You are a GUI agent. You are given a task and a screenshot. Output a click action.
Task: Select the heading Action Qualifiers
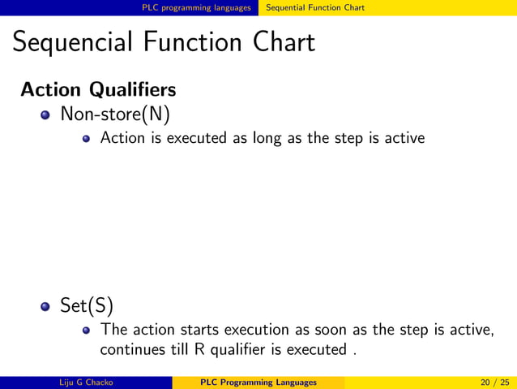tap(98, 88)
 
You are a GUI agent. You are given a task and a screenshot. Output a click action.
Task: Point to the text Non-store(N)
tap(114, 114)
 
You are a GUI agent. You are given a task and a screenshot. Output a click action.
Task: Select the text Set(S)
tap(87, 305)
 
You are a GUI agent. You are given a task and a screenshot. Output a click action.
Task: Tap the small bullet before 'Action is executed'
tap(86, 138)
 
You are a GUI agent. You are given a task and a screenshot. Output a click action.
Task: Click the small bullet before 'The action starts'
tap(86, 331)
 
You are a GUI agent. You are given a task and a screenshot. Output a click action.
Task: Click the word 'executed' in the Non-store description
tap(198, 138)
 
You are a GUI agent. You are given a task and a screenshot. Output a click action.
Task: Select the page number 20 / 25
tap(492, 383)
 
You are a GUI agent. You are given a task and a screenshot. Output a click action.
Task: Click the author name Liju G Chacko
tap(87, 383)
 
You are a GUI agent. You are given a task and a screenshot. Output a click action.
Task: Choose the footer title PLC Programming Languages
tap(258, 383)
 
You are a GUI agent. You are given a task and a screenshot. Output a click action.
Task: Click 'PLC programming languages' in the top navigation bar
tap(196, 7)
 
